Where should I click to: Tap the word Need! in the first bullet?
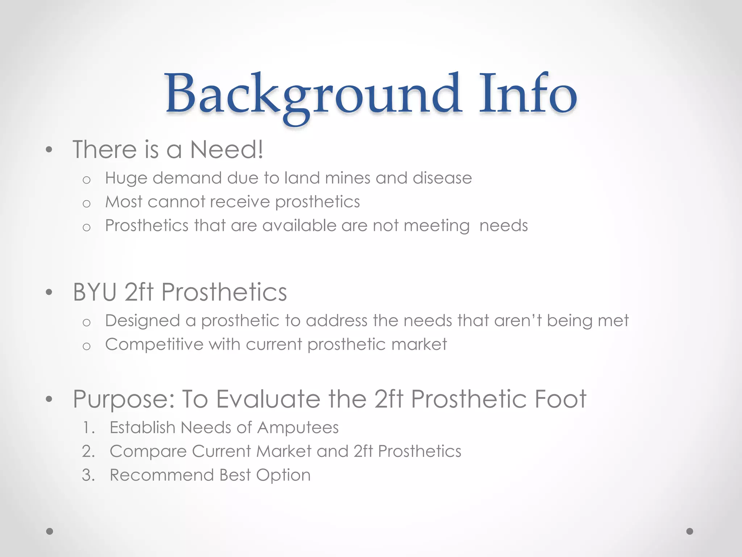pyautogui.click(x=226, y=149)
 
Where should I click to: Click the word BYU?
pyautogui.click(x=95, y=292)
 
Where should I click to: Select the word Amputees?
pyautogui.click(x=298, y=428)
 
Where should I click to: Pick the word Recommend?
pyautogui.click(x=162, y=475)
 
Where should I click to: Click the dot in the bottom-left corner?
pyautogui.click(x=50, y=531)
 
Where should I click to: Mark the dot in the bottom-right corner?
pyautogui.click(x=690, y=531)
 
